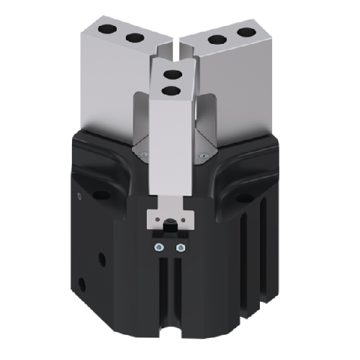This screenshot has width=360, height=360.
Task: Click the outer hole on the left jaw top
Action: [109, 30]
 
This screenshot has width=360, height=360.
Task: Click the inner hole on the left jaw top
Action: [132, 37]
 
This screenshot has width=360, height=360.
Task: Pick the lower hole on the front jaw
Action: [171, 90]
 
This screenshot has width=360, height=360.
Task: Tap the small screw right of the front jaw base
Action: [206, 153]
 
